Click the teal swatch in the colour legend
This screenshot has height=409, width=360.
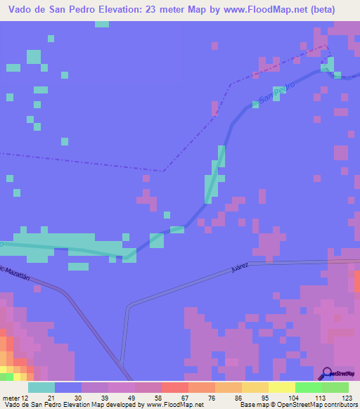pyautogui.click(x=41, y=387)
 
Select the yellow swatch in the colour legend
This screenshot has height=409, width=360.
pyautogui.click(x=282, y=387)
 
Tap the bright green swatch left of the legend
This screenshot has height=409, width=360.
pyautogui.click(x=6, y=377)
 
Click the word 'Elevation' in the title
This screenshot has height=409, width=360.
pyautogui.click(x=115, y=10)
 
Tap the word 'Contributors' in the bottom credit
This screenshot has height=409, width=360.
pyautogui.click(x=336, y=404)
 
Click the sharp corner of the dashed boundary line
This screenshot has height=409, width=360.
pyautogui.click(x=163, y=171)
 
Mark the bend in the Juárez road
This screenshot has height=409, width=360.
pyautogui.click(x=129, y=306)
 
